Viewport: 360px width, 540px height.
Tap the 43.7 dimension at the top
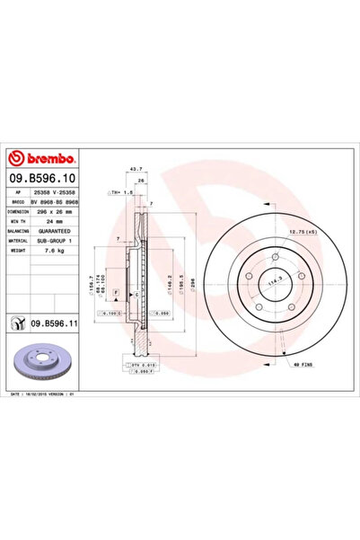click(x=136, y=168)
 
